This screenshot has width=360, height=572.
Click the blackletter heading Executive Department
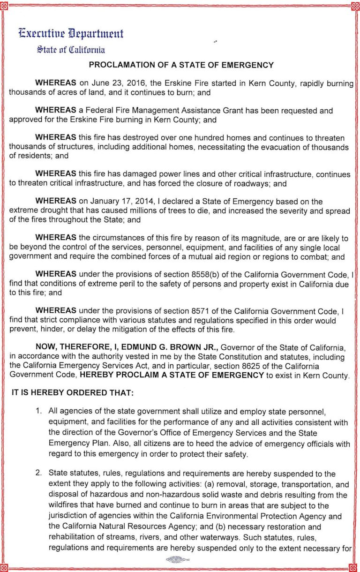click(71, 34)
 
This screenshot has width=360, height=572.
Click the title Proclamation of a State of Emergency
click(181, 65)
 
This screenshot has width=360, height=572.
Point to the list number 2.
click(39, 474)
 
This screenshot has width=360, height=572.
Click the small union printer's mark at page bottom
click(177, 559)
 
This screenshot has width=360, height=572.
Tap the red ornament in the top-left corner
click(4, 5)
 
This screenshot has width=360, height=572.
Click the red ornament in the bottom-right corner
click(356, 568)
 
